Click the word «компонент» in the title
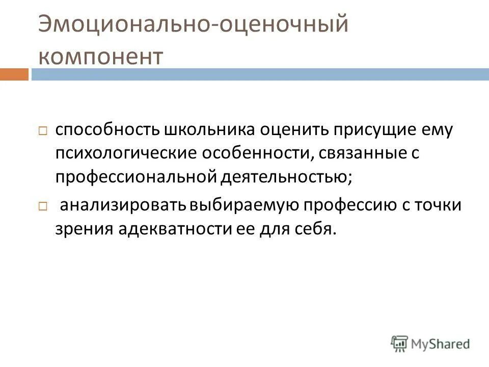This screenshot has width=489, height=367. (101, 57)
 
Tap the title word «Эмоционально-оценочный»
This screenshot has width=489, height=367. (193, 24)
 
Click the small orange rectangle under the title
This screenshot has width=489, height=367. (14, 74)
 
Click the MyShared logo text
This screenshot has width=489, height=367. (441, 343)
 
